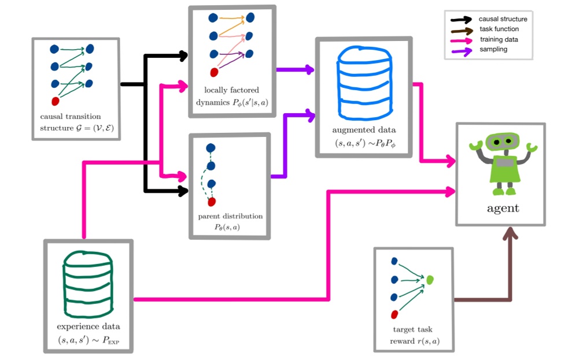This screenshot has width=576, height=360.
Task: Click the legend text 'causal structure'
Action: (x=503, y=19)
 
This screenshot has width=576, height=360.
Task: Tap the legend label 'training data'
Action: (x=499, y=39)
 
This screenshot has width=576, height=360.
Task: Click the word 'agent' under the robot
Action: (x=501, y=207)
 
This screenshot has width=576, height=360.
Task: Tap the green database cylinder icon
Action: (x=88, y=281)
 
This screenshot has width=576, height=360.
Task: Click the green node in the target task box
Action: (x=430, y=280)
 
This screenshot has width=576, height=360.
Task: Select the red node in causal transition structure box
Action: (x=56, y=101)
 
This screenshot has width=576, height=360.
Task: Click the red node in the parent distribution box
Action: (x=212, y=202)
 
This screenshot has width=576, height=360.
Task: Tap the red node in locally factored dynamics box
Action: (x=214, y=72)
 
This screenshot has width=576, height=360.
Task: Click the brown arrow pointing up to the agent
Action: (x=511, y=260)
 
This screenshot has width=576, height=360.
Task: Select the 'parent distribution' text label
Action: (x=230, y=216)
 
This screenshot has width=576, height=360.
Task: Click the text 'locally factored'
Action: (x=231, y=90)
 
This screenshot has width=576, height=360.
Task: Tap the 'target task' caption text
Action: (x=412, y=329)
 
